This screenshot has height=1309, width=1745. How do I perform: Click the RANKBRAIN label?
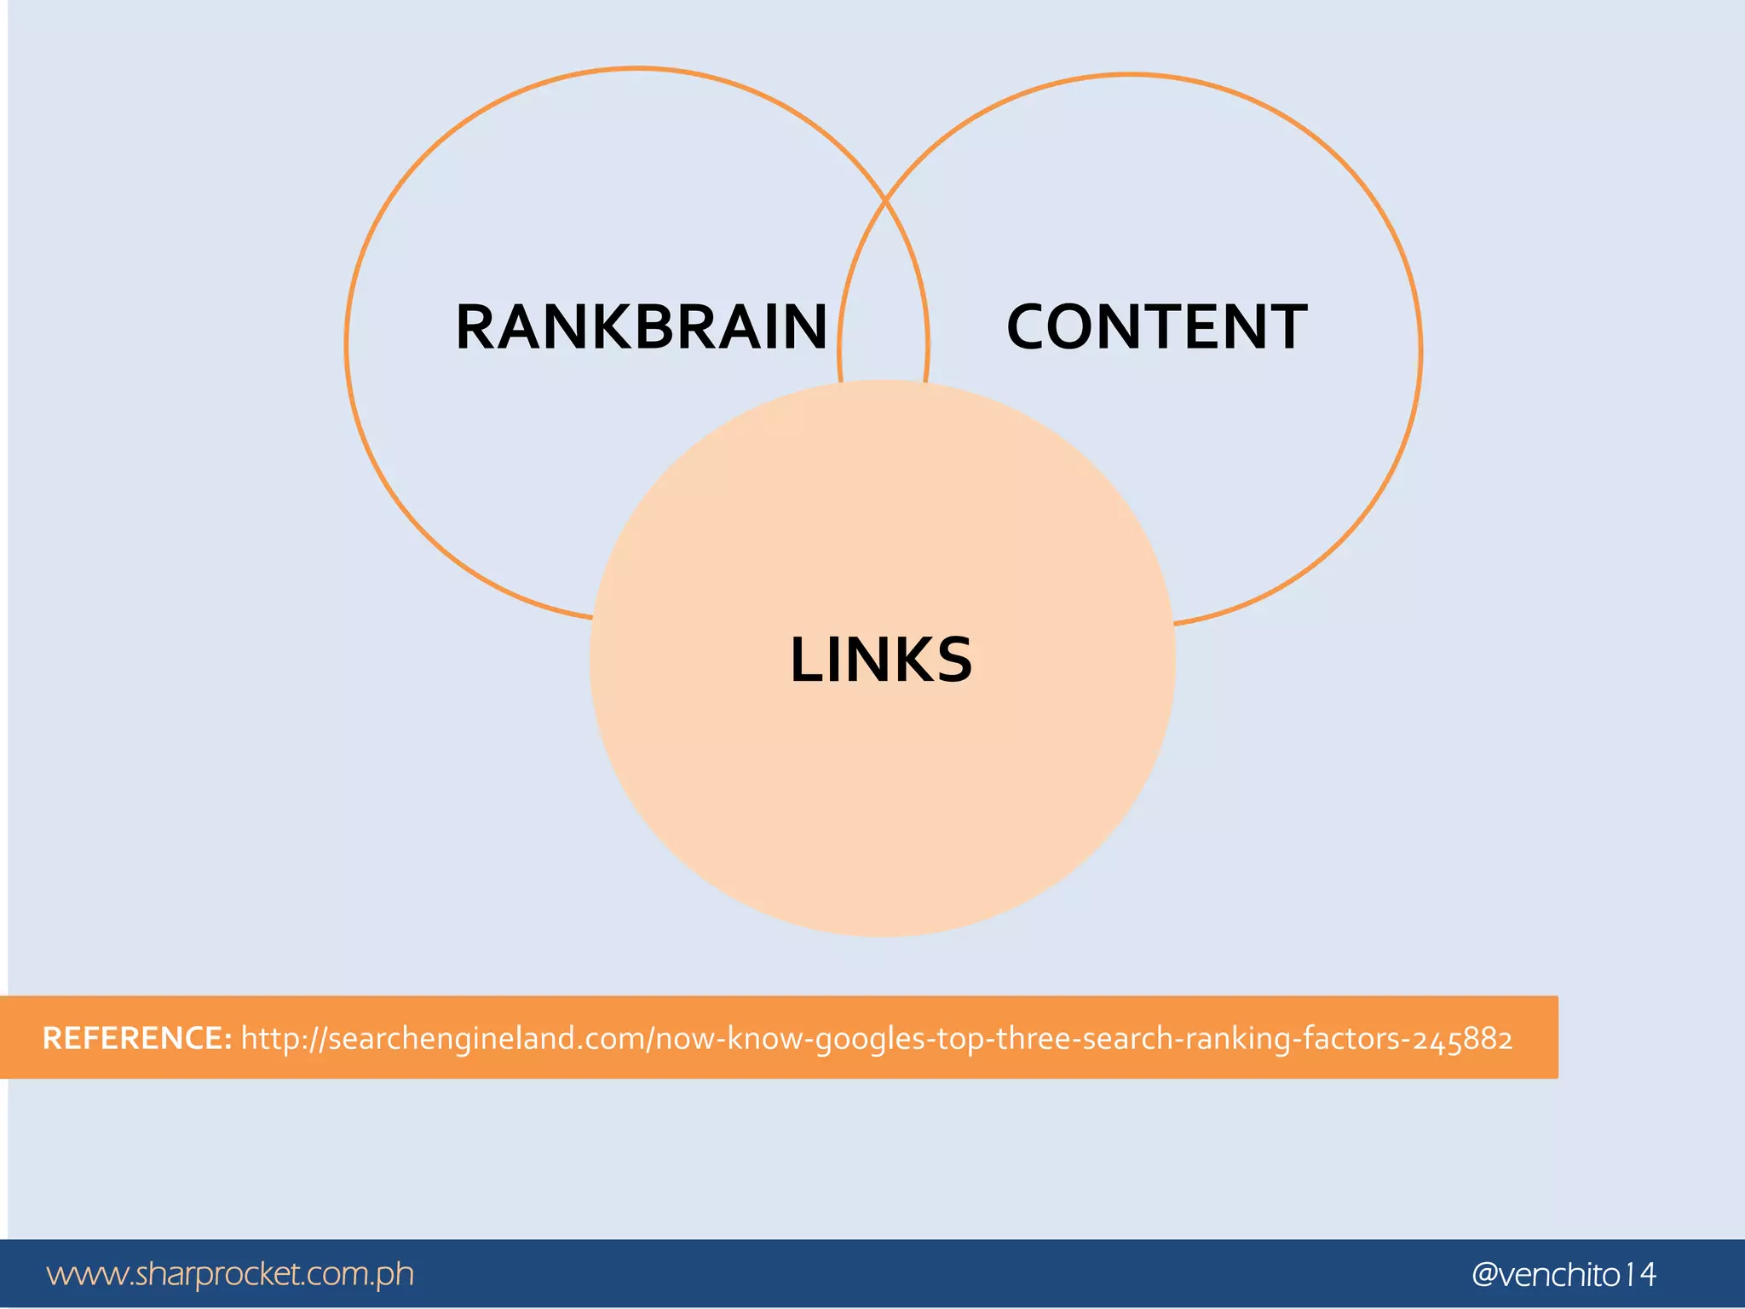(641, 327)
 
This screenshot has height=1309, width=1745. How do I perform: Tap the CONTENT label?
(1156, 327)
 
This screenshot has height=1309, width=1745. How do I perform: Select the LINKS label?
(881, 660)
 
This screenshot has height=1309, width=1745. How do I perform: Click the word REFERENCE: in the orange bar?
(137, 1038)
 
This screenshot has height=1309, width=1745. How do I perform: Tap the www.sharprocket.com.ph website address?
(230, 1274)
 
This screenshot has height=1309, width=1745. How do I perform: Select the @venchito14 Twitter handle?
(1564, 1275)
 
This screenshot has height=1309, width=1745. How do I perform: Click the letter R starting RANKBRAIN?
(477, 327)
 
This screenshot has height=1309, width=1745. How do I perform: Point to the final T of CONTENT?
(1285, 327)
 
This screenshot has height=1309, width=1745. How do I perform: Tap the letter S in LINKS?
(953, 660)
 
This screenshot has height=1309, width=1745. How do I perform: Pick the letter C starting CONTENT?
(1029, 327)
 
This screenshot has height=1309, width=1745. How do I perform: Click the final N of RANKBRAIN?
(801, 327)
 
